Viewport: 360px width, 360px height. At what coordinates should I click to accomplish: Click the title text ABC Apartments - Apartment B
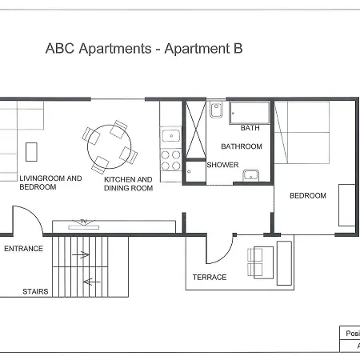click(144, 49)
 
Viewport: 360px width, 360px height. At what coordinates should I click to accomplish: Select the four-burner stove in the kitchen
click(171, 159)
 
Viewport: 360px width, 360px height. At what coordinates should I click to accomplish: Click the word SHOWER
click(222, 165)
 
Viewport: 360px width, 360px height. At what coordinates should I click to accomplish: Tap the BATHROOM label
click(242, 146)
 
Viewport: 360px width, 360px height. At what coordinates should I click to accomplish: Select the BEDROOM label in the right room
click(308, 196)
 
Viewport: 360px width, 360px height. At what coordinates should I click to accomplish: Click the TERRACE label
click(210, 278)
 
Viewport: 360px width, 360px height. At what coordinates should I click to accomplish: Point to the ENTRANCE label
click(23, 249)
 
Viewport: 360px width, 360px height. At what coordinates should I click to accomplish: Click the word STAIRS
click(35, 292)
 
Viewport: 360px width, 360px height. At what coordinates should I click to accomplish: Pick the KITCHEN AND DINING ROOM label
click(128, 184)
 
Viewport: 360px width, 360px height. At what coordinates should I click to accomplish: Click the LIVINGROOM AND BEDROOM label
click(50, 182)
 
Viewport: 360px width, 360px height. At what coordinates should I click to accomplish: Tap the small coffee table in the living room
click(31, 152)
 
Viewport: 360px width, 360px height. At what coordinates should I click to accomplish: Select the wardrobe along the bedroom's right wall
click(346, 206)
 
